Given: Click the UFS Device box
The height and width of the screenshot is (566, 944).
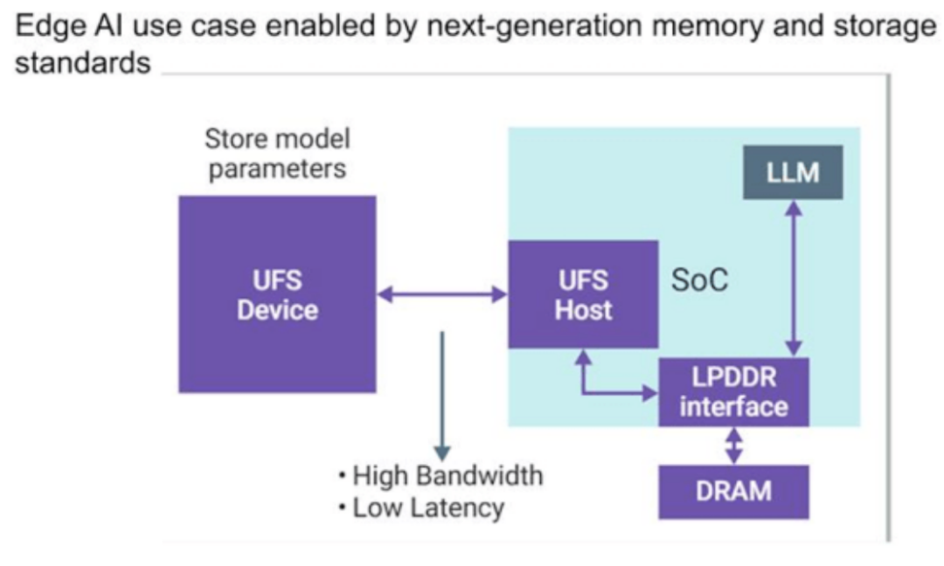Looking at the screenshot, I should click(277, 294).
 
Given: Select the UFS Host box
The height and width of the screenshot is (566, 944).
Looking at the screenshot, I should click(583, 294).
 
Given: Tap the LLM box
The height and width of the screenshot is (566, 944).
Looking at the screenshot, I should click(793, 173).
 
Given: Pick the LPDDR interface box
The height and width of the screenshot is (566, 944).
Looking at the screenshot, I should click(733, 392).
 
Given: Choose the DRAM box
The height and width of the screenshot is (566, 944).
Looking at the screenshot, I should click(733, 492).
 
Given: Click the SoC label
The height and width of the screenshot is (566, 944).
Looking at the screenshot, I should click(699, 280).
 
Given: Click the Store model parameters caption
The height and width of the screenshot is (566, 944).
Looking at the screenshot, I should click(277, 154).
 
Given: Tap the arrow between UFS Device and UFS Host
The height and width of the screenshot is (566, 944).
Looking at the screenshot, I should click(442, 295).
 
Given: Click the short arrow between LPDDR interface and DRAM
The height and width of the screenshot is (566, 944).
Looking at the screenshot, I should click(734, 445).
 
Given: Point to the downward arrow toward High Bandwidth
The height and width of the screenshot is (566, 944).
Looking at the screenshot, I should click(442, 393).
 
